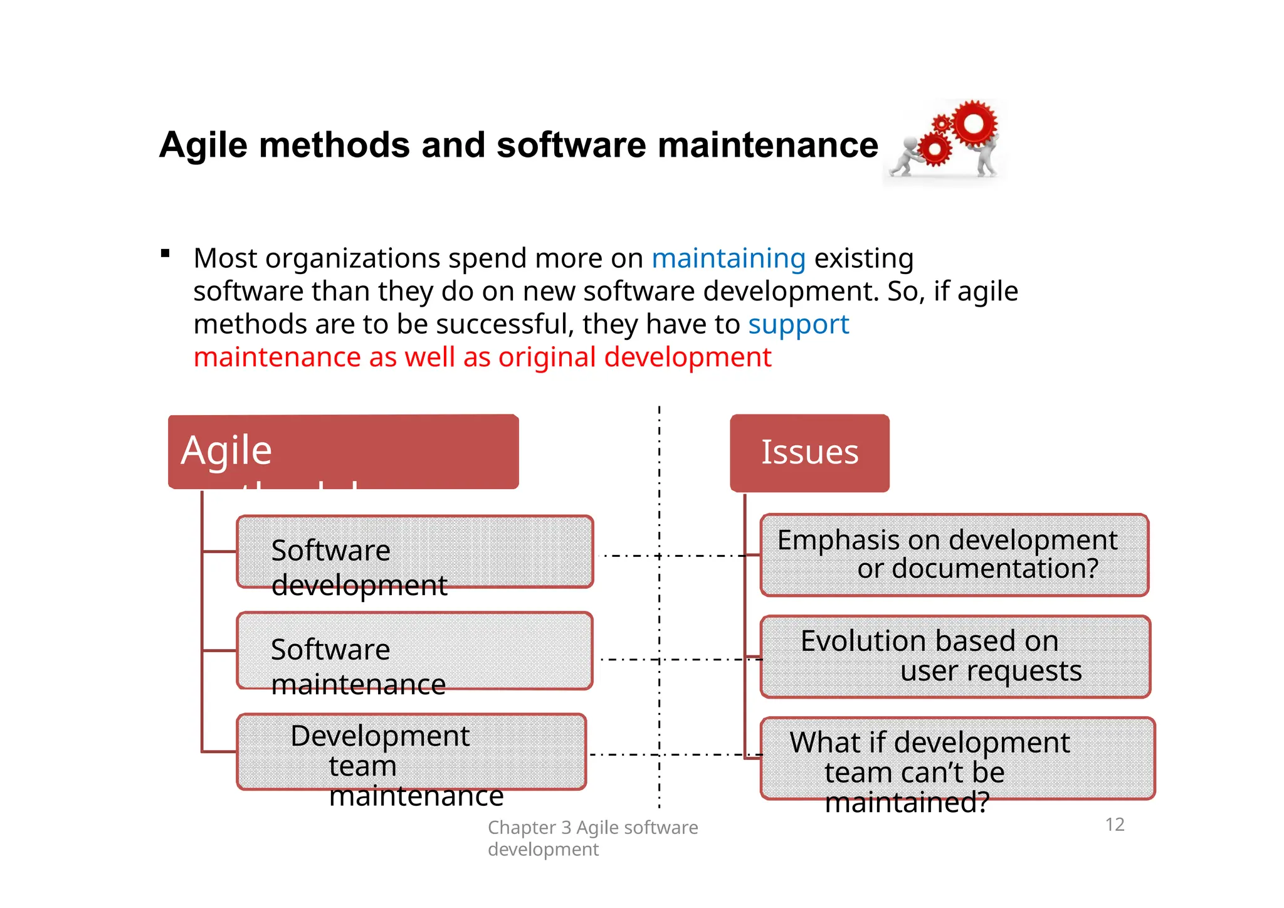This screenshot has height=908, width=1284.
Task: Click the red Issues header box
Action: [809, 453]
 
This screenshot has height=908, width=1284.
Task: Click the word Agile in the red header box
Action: [226, 450]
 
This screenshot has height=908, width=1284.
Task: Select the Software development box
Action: [414, 552]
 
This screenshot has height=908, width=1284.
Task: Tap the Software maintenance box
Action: [414, 651]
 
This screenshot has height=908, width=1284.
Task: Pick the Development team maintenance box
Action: [411, 751]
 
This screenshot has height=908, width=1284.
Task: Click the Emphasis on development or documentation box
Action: [954, 554]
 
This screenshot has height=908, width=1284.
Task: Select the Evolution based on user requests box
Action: [955, 656]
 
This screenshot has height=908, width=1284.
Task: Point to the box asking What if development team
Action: [957, 758]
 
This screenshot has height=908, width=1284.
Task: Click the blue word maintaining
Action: [729, 258]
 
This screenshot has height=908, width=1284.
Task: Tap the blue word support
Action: [798, 324]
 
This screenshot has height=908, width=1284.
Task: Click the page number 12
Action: [1115, 825]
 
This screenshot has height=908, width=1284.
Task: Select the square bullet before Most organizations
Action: [166, 253]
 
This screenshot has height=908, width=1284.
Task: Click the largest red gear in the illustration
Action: [974, 124]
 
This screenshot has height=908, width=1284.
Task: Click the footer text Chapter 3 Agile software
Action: [592, 828]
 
